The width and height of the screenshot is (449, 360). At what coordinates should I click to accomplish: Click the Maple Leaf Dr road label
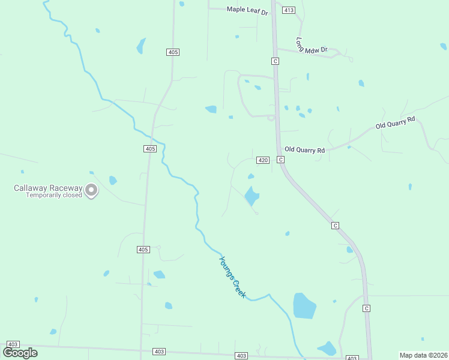point(247,10)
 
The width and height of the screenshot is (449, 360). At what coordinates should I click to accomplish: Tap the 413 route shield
point(289,10)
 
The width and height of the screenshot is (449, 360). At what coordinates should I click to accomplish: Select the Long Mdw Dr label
point(312,46)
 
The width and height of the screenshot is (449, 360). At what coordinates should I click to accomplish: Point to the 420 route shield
point(263,160)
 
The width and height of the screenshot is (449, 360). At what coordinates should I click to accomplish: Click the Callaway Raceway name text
point(48,188)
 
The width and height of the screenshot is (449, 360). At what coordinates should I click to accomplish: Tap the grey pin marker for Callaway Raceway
point(91,191)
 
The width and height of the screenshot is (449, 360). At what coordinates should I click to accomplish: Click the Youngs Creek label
point(232,278)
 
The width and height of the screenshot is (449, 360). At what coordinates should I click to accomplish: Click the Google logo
point(20,353)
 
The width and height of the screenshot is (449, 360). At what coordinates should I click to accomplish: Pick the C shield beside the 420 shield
point(280,160)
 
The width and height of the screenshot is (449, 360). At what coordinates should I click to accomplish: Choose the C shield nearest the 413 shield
point(275,61)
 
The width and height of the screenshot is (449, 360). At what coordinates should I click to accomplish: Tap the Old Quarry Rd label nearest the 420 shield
point(304,149)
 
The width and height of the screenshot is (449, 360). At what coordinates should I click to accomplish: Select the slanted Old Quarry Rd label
point(395,123)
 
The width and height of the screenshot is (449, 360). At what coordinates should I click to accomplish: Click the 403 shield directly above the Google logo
point(13,344)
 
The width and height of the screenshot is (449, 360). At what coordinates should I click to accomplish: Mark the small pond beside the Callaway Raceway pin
point(113,180)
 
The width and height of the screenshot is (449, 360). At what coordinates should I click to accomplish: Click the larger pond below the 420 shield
point(251,196)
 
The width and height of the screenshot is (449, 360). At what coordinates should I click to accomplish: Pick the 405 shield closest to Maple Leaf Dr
point(173,52)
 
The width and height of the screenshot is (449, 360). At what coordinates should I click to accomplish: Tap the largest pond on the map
point(304,306)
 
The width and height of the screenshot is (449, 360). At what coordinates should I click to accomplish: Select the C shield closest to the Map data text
point(366,308)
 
